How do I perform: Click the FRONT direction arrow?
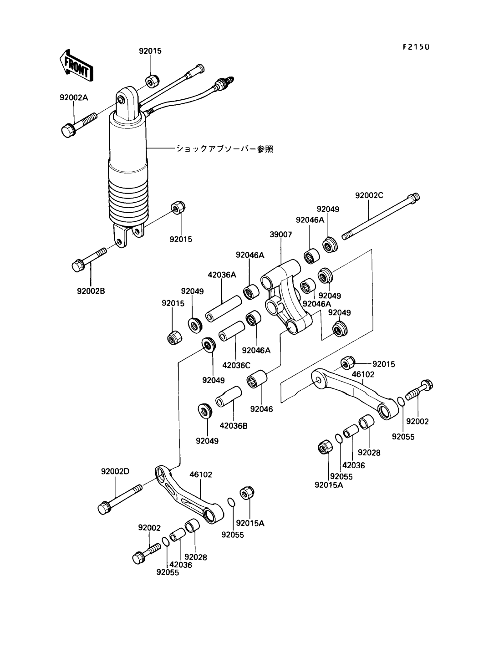(x=76, y=66)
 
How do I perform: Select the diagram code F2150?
(x=416, y=47)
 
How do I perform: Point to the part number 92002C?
(x=369, y=195)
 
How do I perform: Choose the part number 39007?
(x=281, y=235)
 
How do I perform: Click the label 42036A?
(x=222, y=275)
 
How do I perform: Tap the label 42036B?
(x=233, y=426)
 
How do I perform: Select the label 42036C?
(x=236, y=365)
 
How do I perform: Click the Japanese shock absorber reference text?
(x=224, y=149)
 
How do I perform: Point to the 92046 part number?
(x=261, y=409)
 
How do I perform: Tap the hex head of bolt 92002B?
(x=79, y=265)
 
